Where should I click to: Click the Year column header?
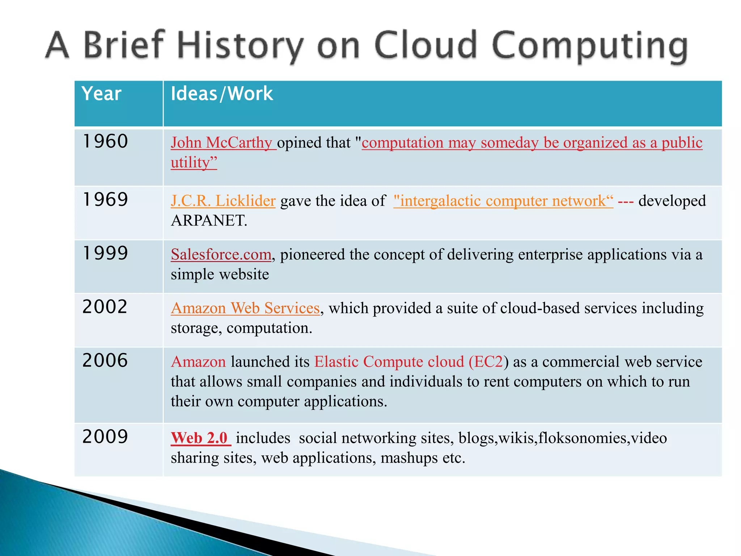101,94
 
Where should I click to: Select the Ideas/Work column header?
221,94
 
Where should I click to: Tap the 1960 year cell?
105,141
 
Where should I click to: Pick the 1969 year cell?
105,199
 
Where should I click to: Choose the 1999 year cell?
105,253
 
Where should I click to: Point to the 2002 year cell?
105,307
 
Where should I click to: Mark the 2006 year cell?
105,361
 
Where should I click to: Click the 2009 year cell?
105,437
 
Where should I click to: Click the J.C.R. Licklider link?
223,201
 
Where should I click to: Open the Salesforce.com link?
221,254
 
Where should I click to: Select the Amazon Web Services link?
245,308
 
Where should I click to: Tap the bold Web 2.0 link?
200,438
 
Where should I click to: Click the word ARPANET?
209,220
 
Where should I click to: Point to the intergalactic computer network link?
503,201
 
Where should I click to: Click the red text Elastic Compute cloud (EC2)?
409,362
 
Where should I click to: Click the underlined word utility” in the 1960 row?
194,163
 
